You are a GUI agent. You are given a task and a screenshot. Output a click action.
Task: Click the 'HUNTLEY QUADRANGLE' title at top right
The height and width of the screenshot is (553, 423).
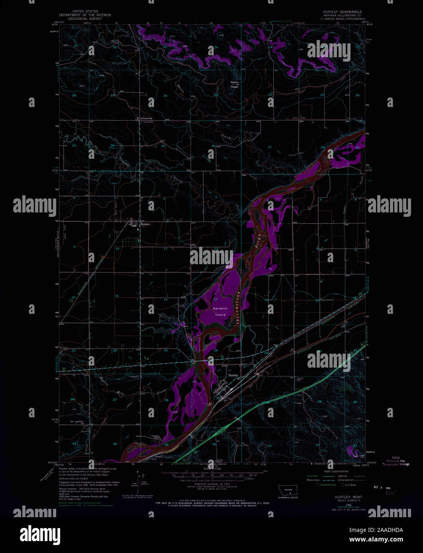point(339,12)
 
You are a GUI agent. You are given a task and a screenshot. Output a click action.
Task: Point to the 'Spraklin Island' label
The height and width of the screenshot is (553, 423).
point(220,312)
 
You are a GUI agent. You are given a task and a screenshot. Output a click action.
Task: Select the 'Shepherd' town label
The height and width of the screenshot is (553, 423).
point(145,224)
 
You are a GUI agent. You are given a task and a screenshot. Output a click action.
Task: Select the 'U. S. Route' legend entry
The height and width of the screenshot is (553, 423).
point(350,485)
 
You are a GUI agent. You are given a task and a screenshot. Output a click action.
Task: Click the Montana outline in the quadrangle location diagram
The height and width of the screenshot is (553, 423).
point(286,489)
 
